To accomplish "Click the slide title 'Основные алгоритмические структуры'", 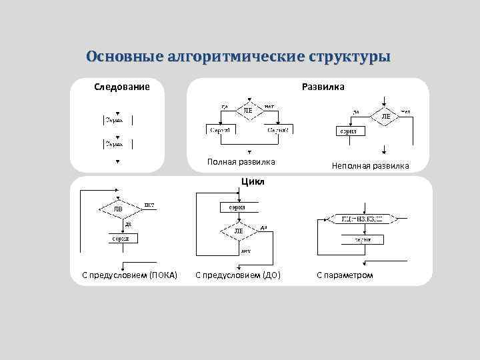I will [x=238, y=56].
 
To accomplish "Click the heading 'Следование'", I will [x=121, y=87].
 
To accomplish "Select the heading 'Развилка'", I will [x=323, y=87].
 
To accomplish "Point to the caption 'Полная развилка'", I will [x=241, y=162].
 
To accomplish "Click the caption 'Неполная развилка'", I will [x=371, y=165].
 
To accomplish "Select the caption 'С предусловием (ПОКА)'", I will [x=129, y=275].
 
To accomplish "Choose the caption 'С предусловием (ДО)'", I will [x=238, y=275].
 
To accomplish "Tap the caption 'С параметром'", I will [x=345, y=275].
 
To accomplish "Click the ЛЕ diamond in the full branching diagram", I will [x=248, y=110].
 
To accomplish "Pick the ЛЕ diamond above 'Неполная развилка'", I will [x=385, y=115].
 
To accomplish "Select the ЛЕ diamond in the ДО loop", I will [x=239, y=231].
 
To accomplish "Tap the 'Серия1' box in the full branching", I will [x=221, y=130].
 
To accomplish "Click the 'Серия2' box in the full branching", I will [x=277, y=130].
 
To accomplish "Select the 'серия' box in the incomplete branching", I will [x=349, y=131].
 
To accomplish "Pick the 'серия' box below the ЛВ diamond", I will [x=120, y=237].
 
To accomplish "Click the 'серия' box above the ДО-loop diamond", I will [x=237, y=207].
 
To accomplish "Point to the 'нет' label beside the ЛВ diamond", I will [x=149, y=204].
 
